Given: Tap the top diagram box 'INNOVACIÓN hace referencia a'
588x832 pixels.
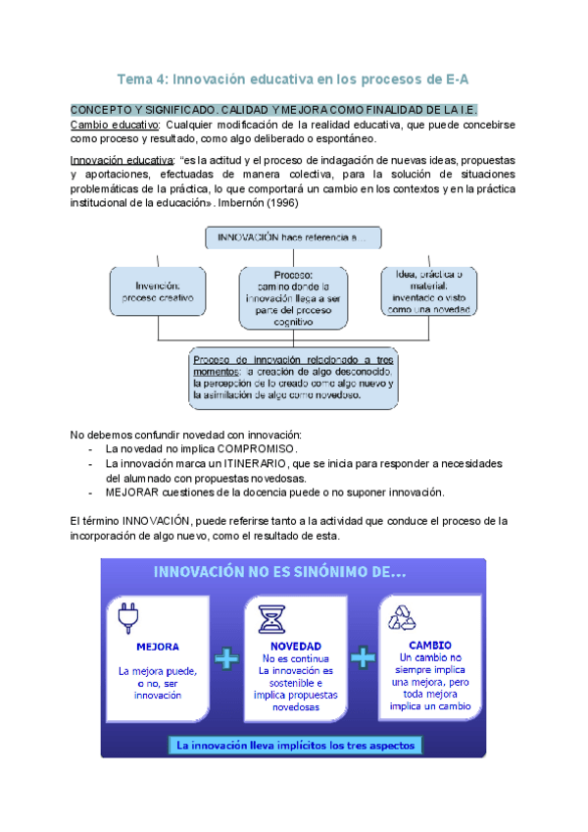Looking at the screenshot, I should pos(293,237).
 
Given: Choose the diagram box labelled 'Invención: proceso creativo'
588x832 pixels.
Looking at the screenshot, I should pos(158,290).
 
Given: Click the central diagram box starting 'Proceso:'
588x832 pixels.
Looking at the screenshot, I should pos(293,297).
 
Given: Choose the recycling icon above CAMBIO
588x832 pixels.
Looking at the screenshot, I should pos(402,617).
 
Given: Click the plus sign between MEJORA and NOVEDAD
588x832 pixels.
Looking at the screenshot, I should pos(226,659).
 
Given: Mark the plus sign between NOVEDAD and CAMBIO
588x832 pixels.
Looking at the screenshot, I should pos(363,656).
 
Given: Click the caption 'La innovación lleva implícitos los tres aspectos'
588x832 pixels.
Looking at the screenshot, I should pos(295,746).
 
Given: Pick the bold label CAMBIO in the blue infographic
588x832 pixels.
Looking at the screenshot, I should pos(430,645).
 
